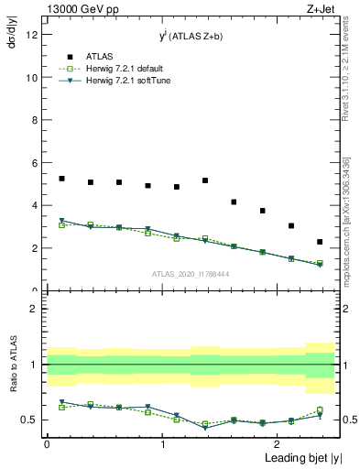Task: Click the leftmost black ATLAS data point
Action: click(x=61, y=179)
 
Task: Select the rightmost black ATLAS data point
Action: click(x=320, y=242)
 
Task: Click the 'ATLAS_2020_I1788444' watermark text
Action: click(x=191, y=274)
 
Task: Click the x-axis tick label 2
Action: click(x=278, y=442)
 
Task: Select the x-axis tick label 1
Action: click(x=162, y=442)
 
